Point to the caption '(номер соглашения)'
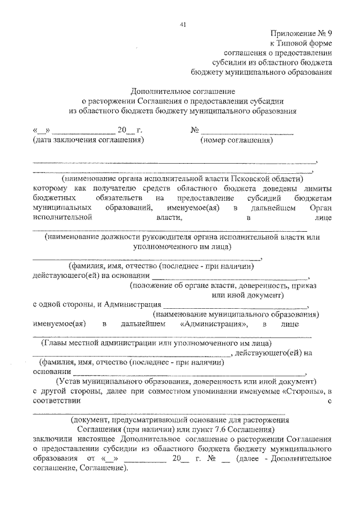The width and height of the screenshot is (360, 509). click(x=236, y=140)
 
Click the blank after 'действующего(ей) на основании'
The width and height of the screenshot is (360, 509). click(x=231, y=276)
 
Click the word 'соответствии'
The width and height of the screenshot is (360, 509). click(x=57, y=401)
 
